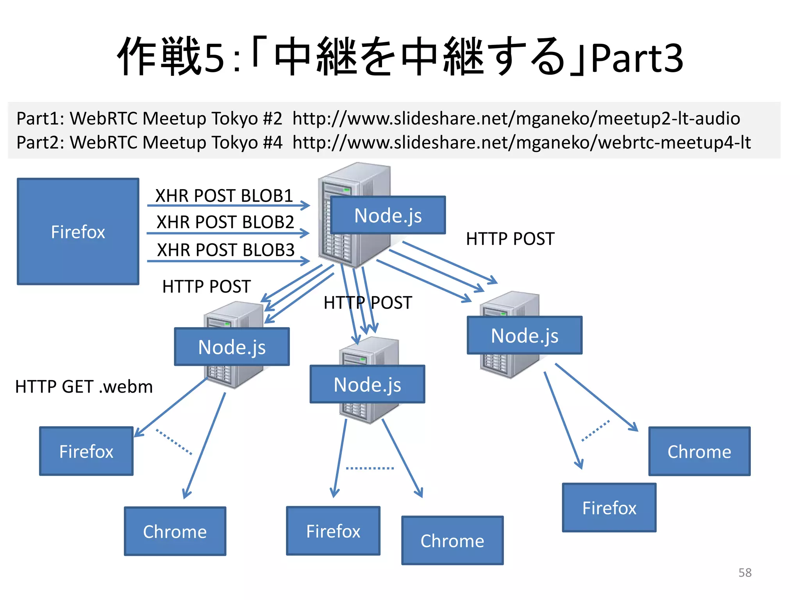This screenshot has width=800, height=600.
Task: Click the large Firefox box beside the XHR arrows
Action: coord(78,231)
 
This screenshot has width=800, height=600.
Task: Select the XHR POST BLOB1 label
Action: coord(224,196)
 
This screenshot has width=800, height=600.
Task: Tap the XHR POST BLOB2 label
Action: coord(225,222)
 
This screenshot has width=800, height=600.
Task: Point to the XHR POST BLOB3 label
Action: coord(225,250)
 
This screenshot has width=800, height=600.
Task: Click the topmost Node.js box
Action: coord(388,215)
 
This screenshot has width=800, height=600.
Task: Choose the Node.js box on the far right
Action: coord(525,336)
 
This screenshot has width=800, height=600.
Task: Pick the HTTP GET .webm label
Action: coord(84,387)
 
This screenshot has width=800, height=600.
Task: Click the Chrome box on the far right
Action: coord(699,451)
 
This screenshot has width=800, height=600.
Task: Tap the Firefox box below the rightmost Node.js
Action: coord(609,508)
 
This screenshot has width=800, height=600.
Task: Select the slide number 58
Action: coord(745,573)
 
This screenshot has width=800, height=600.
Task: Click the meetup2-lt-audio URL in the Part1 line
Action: coord(516,118)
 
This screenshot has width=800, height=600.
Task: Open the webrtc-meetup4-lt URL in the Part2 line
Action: coord(521,142)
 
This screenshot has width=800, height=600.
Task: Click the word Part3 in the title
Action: coord(637,59)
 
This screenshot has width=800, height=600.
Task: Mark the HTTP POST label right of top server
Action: coord(510,239)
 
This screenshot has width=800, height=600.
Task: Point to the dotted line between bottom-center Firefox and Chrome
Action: coord(370,468)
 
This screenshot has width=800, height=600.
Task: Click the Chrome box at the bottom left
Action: coord(175,531)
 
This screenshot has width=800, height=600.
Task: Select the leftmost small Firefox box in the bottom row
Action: coord(86,451)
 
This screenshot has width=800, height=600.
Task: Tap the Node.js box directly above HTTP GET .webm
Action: coord(232,347)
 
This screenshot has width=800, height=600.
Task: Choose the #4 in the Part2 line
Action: coord(272,142)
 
